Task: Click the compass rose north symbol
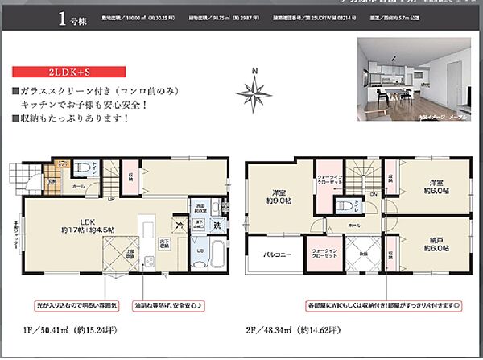pyautogui.click(x=254, y=94)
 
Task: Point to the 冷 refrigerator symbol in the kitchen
pyautogui.click(x=180, y=227)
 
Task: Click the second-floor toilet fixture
pyautogui.click(x=342, y=204)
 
